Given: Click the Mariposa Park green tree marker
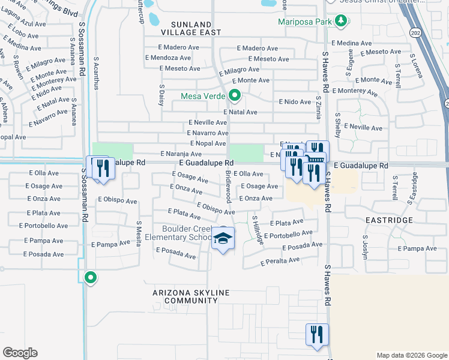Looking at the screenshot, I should coord(342,22).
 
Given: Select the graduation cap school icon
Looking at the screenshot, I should coord(223,239).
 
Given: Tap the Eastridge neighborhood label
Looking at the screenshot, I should coord(389,220).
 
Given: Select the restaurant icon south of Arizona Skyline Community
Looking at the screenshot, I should coord(316,335).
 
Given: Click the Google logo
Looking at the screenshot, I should coord(20,353).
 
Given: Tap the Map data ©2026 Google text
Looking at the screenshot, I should coord(411,355).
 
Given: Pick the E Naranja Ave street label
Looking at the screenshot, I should coord(179,154).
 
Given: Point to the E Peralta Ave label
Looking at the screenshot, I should coord(280,261).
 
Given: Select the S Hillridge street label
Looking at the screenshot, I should coord(257,229).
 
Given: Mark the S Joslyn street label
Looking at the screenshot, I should coord(364,246).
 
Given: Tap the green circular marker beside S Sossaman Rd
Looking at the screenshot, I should coord(91,277).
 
